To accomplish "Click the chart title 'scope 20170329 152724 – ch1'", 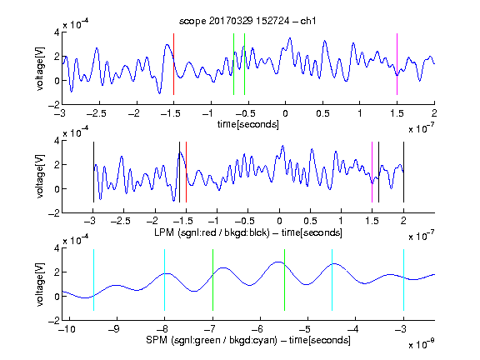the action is [247, 21].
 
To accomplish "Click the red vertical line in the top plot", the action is [173, 64].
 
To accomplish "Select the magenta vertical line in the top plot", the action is [397, 64].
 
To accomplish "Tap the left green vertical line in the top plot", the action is [233, 64].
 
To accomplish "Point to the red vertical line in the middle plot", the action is [186, 172].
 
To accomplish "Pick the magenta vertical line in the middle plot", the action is [372, 172].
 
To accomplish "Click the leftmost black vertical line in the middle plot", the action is [93, 172].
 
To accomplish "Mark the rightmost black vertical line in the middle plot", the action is [403, 172].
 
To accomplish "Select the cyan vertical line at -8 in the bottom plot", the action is [164, 280].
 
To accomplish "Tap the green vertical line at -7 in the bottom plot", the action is [212, 280].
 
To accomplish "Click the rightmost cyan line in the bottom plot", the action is [403, 280].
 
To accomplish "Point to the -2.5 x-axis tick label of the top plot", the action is [97, 113].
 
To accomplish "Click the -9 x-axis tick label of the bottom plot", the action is [114, 329].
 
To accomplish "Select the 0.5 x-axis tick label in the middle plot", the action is [310, 221].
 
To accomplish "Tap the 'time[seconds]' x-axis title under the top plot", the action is [248, 124].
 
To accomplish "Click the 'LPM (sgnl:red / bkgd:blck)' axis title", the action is [212, 232].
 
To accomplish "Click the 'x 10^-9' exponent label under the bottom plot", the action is [422, 344].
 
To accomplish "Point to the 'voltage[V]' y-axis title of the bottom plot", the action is [40, 285].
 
